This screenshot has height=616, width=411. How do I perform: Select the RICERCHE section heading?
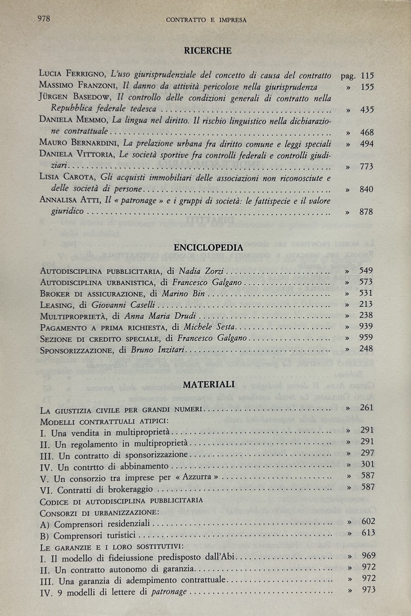click(208, 51)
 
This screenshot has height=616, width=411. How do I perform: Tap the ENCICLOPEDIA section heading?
click(208, 247)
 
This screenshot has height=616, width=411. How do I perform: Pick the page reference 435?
click(367, 110)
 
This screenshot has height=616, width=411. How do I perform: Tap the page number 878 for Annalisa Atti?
click(366, 211)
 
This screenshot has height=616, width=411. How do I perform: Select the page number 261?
click(366, 407)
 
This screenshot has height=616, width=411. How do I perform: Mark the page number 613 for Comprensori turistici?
click(368, 533)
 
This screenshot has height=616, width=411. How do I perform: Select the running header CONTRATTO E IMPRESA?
click(206, 20)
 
